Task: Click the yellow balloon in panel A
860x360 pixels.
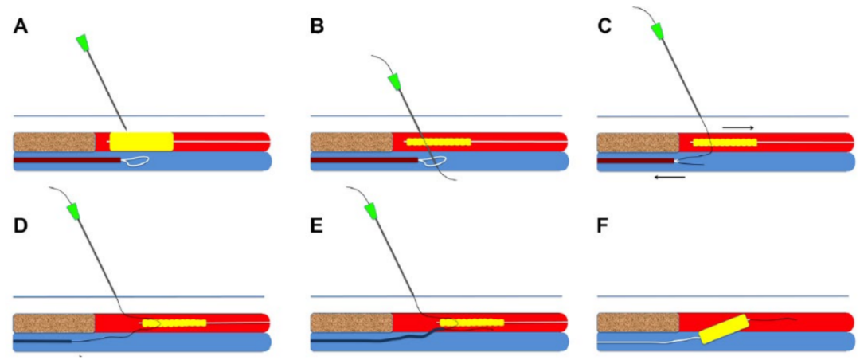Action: click(x=141, y=141)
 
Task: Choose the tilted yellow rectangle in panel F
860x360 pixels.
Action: click(x=724, y=329)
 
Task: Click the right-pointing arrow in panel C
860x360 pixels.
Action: click(x=737, y=126)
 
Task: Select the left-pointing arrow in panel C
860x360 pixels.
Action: click(x=668, y=177)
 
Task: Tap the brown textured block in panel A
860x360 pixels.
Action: click(x=54, y=141)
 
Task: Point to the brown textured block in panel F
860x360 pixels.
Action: click(x=637, y=323)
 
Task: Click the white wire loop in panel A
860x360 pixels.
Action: click(x=137, y=161)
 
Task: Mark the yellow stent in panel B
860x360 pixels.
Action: click(x=438, y=142)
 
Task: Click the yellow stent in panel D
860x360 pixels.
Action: click(x=174, y=323)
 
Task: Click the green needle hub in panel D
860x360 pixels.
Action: click(x=75, y=212)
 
